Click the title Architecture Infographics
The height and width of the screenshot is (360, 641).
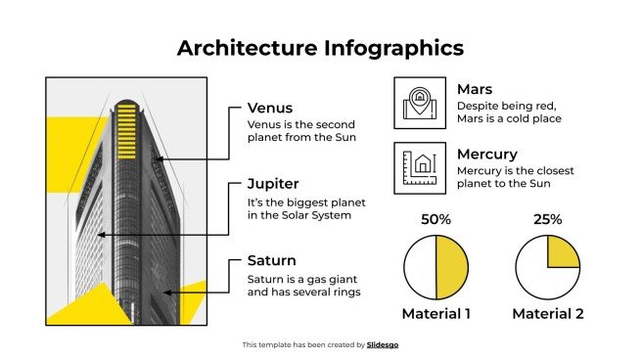coord(320,48)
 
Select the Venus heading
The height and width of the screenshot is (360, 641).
coord(269,108)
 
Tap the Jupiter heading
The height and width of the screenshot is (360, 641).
coord(273,183)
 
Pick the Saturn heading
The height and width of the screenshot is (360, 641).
coord(272,261)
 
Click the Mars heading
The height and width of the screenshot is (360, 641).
coord(475,89)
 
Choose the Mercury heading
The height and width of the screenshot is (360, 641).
coord(486,154)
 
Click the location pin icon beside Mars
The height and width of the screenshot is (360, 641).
coord(419,103)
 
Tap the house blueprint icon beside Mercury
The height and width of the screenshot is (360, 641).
coord(419,165)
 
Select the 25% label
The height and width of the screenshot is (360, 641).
coord(548,220)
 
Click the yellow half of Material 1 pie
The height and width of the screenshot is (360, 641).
coord(452,267)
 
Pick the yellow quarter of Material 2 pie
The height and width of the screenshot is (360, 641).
coord(564,250)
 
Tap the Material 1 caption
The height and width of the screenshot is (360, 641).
coord(436,314)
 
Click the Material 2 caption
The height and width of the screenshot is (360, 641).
coord(549,314)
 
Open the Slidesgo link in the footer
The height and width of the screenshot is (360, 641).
coord(383,344)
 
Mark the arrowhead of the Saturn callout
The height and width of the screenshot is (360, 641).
coord(165,291)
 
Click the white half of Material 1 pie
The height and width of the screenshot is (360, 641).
coord(420,267)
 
